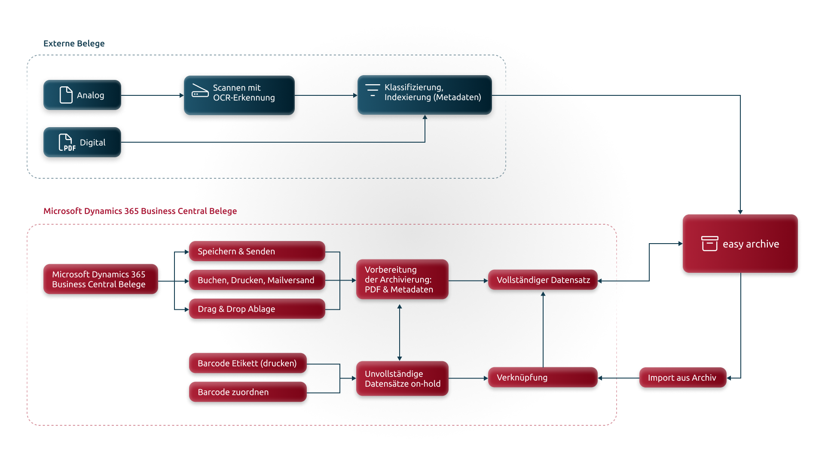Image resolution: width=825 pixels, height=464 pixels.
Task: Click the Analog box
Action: click(x=82, y=95)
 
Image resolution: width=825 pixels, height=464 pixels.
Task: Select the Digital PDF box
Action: click(x=82, y=142)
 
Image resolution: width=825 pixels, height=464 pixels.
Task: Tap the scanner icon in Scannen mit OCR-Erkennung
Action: click(x=200, y=91)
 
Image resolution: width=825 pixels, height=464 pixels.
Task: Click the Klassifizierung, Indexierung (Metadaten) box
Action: click(x=425, y=95)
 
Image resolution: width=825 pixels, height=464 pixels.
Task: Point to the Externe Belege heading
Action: click(x=74, y=43)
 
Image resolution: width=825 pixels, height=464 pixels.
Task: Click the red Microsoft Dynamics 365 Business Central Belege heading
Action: click(x=140, y=211)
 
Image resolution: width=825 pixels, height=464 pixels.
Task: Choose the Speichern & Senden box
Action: click(x=257, y=251)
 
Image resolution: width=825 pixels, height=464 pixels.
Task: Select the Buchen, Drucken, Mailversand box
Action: click(x=257, y=280)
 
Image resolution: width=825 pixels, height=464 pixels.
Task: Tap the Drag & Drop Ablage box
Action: click(x=257, y=309)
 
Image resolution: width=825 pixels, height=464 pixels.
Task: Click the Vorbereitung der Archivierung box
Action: click(x=402, y=279)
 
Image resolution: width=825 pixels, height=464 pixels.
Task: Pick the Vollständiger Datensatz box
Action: click(x=543, y=280)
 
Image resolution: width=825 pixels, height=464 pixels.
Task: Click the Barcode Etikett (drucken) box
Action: click(x=248, y=363)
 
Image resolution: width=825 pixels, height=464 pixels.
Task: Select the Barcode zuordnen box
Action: click(x=248, y=392)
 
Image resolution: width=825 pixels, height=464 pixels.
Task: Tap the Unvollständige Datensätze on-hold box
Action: click(x=402, y=379)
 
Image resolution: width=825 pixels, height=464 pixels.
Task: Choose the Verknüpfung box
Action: click(x=543, y=378)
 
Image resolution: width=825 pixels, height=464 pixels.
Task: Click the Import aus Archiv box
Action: click(x=683, y=378)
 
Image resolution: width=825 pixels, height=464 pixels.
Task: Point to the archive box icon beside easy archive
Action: click(x=709, y=244)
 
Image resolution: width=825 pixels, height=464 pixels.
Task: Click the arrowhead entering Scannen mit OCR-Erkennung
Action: click(x=182, y=95)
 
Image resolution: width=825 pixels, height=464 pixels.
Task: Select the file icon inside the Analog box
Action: click(x=66, y=95)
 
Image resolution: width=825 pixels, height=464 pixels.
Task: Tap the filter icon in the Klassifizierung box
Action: click(x=373, y=90)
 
